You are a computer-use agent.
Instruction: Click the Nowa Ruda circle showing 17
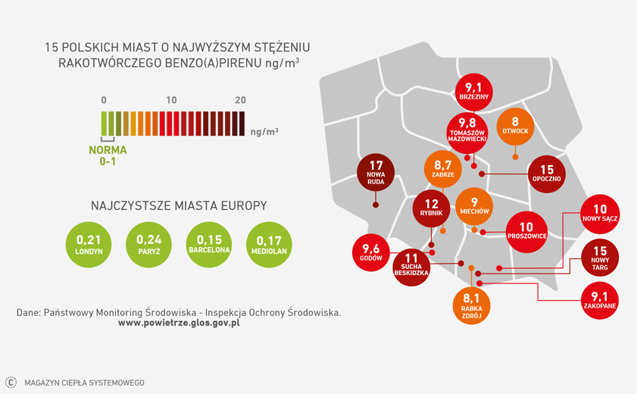(376, 173)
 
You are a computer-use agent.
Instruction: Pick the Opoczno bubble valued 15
(547, 174)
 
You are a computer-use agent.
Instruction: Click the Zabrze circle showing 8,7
(443, 170)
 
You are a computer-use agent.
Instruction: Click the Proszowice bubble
(526, 231)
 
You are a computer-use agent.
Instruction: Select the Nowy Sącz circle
(601, 214)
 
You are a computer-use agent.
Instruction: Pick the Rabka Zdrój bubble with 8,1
(472, 305)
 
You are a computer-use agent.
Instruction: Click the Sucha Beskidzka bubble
(412, 267)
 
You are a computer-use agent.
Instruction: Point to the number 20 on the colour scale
(241, 100)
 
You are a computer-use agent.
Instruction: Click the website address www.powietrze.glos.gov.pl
(180, 323)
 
